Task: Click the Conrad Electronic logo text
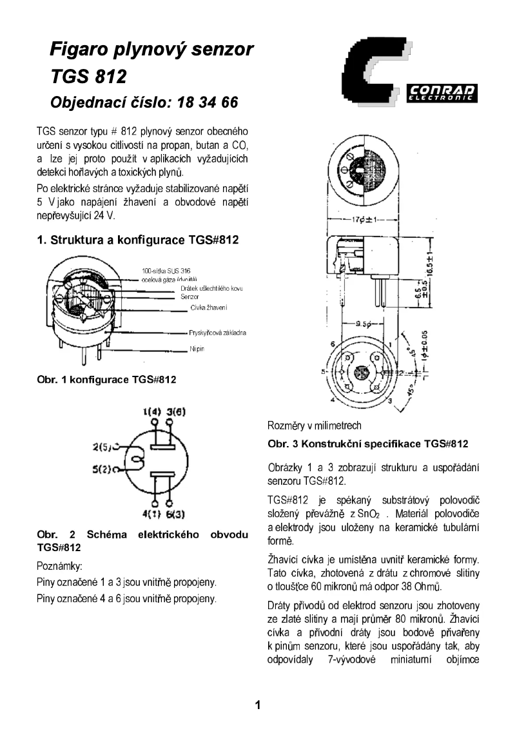pos(442,92)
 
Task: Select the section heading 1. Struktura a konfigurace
pos(137,240)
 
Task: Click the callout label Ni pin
pos(197,349)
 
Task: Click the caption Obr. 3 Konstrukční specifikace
pos(367,444)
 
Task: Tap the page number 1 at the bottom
pos(258,704)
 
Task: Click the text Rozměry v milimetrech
pos(314,425)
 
